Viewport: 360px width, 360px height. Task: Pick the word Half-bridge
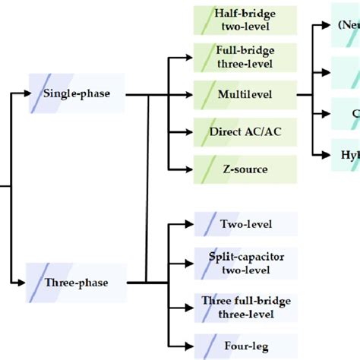click(245, 14)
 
